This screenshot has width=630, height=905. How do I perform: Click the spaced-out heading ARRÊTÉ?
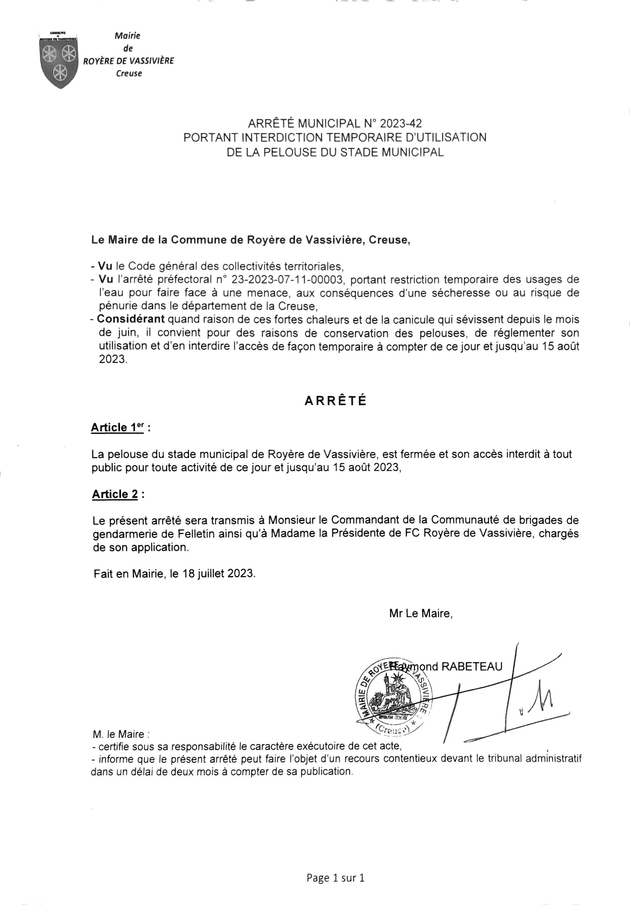click(336, 401)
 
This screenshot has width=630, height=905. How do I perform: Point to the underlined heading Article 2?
click(115, 494)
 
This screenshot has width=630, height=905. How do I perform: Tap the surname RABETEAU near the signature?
click(472, 667)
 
